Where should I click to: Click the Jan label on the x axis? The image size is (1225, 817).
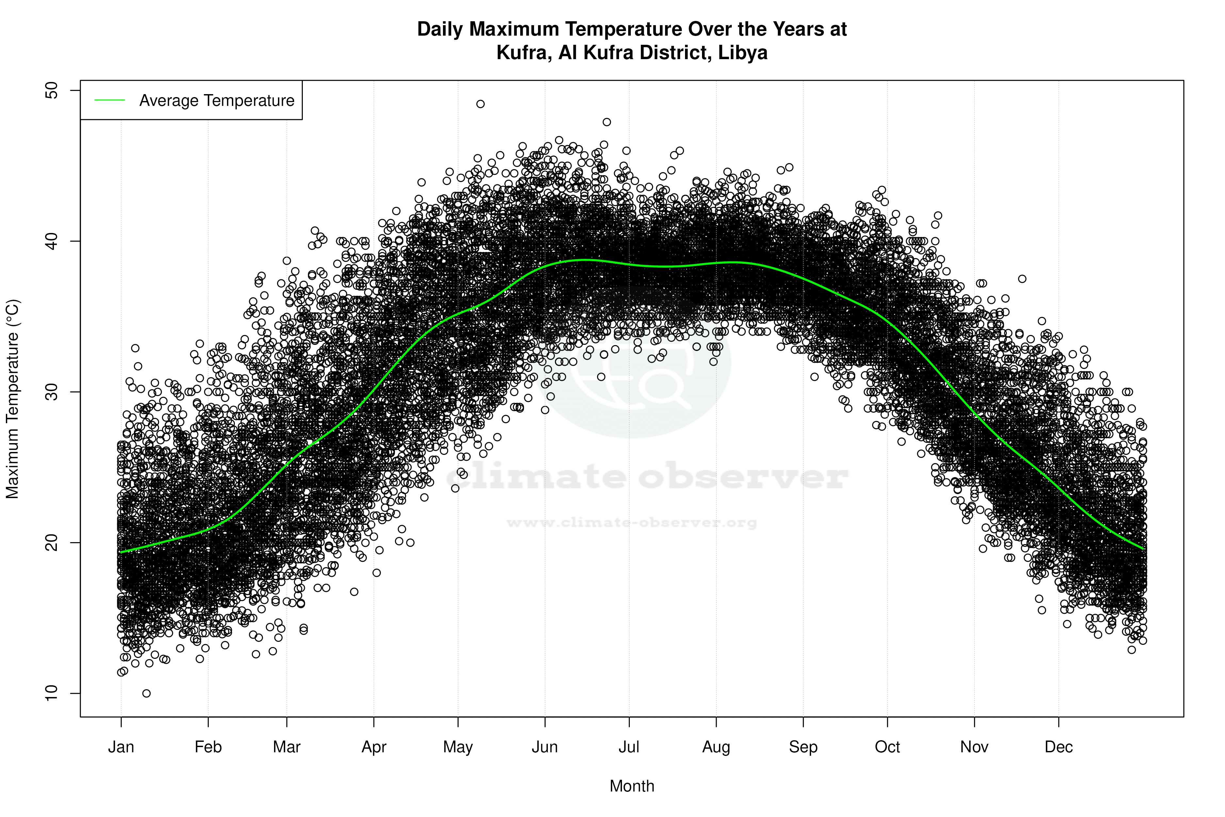tap(121, 747)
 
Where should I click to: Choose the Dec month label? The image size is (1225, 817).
tap(1058, 747)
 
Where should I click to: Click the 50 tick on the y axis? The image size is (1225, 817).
tap(52, 91)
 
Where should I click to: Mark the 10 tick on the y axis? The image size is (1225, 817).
tap(52, 693)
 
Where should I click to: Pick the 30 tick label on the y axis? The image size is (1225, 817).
tap(52, 392)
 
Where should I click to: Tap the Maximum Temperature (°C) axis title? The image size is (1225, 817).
tap(12, 399)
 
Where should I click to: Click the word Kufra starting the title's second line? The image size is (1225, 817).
tap(523, 53)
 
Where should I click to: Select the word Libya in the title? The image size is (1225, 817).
tap(743, 53)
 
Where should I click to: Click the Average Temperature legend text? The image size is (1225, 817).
tap(217, 101)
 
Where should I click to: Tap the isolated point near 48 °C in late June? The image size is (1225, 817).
tap(607, 122)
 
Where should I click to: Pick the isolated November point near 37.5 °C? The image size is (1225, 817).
tap(1022, 279)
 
